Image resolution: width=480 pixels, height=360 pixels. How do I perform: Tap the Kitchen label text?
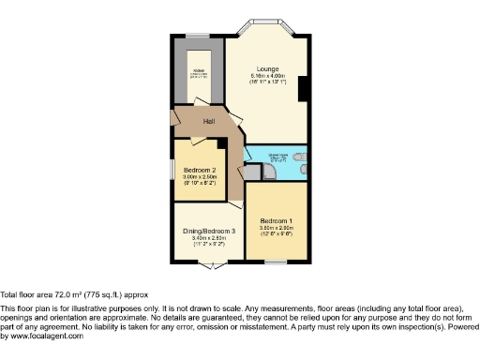tap(199, 70)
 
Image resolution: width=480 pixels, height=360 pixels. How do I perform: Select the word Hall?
tap(197, 122)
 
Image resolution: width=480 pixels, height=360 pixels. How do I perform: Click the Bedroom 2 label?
tap(200, 170)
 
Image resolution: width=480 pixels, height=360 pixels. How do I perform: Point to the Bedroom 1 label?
tap(277, 220)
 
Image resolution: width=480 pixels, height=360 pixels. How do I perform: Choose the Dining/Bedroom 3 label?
tap(208, 231)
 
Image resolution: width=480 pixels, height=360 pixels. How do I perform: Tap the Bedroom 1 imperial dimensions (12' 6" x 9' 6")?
tap(277, 234)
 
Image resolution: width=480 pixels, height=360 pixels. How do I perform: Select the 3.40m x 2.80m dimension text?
tap(208, 238)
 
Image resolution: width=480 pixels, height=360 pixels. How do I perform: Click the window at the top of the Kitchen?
tap(198, 36)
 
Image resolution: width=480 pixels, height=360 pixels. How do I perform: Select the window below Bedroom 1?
tap(277, 262)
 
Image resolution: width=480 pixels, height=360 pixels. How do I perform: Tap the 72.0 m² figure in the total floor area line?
tap(57, 293)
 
